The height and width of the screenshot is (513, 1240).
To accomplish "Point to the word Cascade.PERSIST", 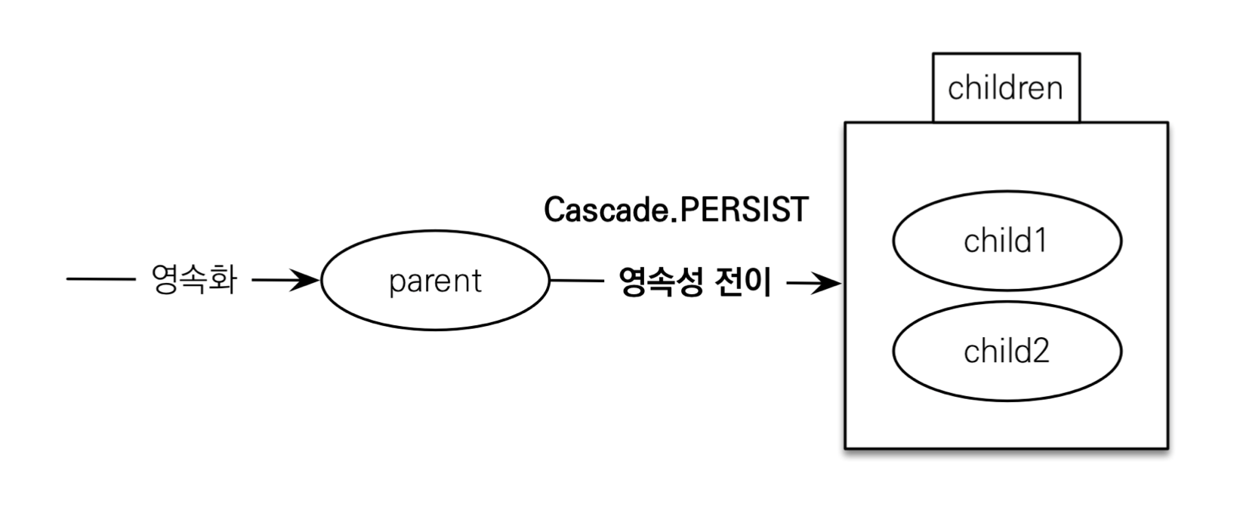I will point(676,210).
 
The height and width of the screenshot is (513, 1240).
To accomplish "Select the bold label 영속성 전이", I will point(695,283).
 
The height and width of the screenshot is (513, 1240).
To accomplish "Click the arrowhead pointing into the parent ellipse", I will point(308,281).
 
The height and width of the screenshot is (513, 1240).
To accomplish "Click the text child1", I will point(1006,241).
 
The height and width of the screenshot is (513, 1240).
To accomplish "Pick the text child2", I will point(1006,352).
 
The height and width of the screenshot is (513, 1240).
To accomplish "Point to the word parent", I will point(435,281).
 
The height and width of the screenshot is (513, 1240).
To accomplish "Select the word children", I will point(1005,88).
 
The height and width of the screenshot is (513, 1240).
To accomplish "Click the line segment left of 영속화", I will point(100,280).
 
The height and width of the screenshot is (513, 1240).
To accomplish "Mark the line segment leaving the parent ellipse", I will point(577,281).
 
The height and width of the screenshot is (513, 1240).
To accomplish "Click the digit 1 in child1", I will point(1040,241).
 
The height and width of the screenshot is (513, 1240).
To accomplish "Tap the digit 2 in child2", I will point(1040,352).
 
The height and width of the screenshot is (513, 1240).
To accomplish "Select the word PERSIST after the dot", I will point(744,210).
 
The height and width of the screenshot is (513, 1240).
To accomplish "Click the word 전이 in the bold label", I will point(745,283).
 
